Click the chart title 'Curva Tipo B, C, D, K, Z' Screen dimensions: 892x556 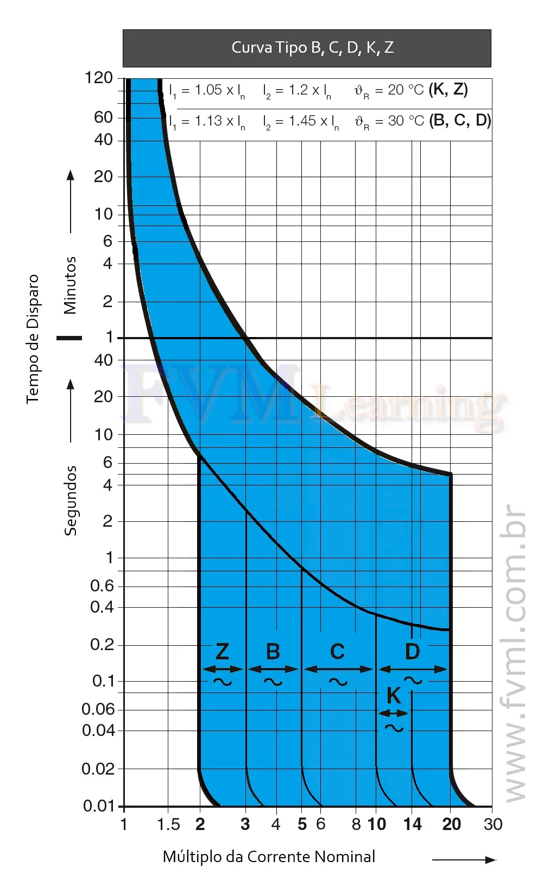[x=312, y=48]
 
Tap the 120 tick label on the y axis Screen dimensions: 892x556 [x=98, y=78]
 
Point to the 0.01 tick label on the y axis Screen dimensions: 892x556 [x=99, y=806]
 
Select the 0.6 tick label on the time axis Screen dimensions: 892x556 [x=102, y=585]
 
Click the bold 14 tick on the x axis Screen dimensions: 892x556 [x=412, y=824]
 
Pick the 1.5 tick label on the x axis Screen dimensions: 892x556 [x=168, y=825]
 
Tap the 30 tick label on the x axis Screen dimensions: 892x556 [x=493, y=824]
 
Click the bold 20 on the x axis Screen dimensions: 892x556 [x=452, y=824]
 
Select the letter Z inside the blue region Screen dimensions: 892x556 [x=222, y=651]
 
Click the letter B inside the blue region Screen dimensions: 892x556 [x=273, y=651]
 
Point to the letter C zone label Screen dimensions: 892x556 [x=337, y=651]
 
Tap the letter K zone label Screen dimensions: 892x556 [x=394, y=695]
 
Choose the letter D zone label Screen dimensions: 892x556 [x=412, y=651]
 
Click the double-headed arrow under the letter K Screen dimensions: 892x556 [x=394, y=713]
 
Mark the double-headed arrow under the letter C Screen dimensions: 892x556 [x=338, y=669]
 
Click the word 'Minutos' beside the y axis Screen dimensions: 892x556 [x=70, y=285]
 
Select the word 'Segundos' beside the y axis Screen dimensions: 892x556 [x=71, y=501]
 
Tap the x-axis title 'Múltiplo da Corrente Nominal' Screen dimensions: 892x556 [x=269, y=857]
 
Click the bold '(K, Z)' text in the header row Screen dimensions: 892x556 [x=448, y=89]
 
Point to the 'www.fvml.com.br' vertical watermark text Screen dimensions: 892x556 [x=513, y=652]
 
